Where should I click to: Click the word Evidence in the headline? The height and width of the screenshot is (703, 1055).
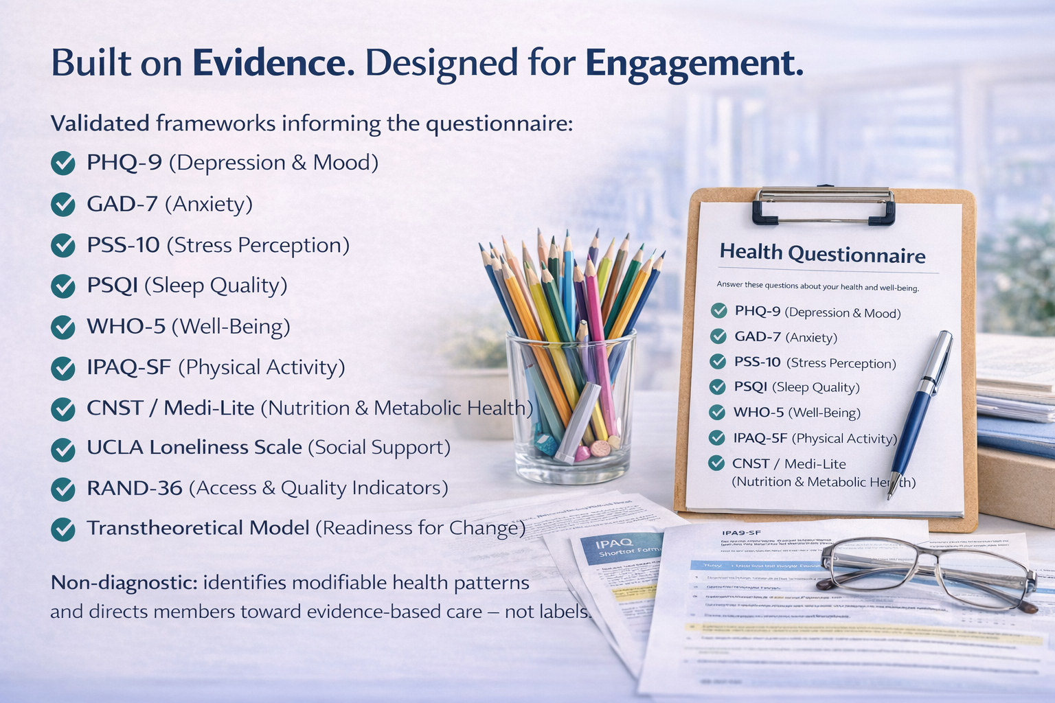coord(269,63)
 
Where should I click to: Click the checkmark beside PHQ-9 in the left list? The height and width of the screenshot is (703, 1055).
coord(63,163)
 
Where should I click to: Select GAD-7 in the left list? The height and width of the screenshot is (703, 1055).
coord(122,204)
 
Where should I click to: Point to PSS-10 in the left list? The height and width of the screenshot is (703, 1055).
coord(123,245)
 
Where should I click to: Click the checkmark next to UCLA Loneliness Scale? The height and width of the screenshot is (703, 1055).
coord(63,449)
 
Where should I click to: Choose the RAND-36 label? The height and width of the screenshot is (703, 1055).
coord(135,488)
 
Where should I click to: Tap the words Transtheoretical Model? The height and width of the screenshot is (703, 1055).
coord(198,528)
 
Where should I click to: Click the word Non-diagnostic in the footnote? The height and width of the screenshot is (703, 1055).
coord(124,583)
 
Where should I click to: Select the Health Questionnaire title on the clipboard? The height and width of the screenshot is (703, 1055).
coord(822,254)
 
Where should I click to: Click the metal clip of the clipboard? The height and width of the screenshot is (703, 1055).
coord(824,205)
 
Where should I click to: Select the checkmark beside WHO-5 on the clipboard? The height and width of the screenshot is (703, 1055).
coord(717,412)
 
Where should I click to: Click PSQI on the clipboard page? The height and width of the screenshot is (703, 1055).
coord(750,387)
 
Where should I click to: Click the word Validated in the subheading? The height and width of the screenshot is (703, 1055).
coord(100,124)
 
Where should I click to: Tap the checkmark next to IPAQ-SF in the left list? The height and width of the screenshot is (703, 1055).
coord(63,369)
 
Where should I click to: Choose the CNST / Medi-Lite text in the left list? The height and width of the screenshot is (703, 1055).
coord(170,408)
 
